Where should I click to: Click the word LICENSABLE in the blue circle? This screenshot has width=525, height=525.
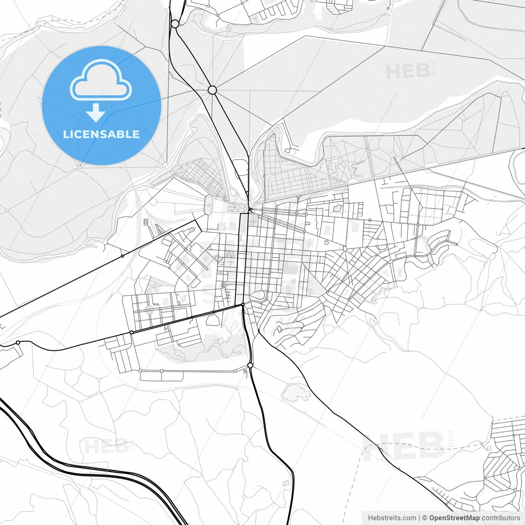(x=101, y=135)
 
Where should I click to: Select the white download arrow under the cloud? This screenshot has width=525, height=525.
(x=96, y=113)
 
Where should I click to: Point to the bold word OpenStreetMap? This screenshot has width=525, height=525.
(x=454, y=518)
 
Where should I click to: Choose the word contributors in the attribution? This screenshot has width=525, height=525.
(x=501, y=518)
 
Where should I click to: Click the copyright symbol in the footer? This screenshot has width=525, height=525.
(x=425, y=518)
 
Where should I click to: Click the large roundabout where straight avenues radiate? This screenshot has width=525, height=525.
(x=212, y=90)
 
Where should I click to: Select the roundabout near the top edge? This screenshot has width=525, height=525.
(x=175, y=24)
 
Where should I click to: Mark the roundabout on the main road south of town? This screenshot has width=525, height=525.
(x=250, y=365)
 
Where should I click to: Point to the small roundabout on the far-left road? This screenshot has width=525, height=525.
(x=18, y=342)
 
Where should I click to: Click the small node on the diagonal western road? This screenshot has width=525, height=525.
(x=122, y=256)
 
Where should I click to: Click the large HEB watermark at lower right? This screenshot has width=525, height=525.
(x=404, y=446)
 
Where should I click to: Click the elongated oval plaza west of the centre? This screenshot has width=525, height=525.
(x=209, y=205)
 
